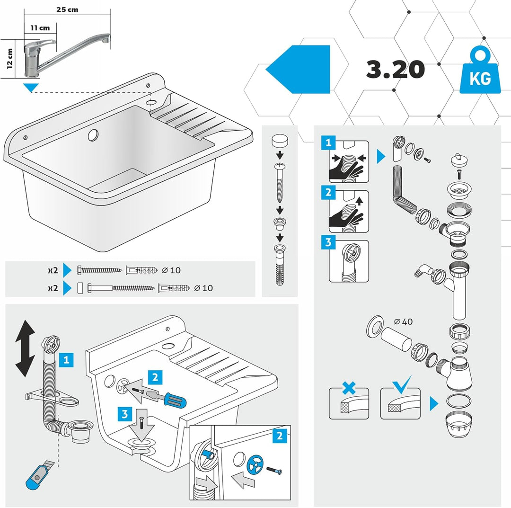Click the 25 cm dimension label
click(x=67, y=9)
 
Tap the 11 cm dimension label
click(x=40, y=28)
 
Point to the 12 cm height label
click(x=10, y=59)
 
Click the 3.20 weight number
click(x=395, y=70)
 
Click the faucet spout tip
click(x=106, y=39)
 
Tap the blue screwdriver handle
click(x=175, y=400)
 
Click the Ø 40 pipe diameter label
click(x=403, y=322)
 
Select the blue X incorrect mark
click(x=349, y=388)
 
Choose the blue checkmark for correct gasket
click(x=402, y=384)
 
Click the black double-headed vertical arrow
click(x=25, y=348)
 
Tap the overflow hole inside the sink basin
click(x=93, y=134)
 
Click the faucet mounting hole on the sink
click(x=151, y=102)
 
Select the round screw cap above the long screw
click(x=280, y=141)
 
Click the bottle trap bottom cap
click(x=458, y=425)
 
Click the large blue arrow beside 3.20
click(x=298, y=70)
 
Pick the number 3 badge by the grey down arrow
click(x=125, y=414)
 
